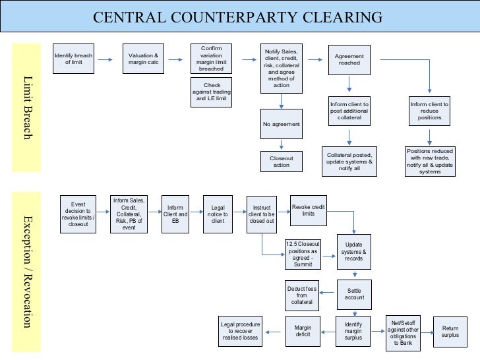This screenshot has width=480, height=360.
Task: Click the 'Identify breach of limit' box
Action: [73, 59]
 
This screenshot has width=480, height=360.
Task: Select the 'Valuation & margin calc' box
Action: [143, 59]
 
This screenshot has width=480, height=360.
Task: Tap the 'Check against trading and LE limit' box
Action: [211, 92]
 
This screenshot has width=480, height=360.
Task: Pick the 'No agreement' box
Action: [281, 124]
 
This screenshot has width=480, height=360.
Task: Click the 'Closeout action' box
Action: [281, 161]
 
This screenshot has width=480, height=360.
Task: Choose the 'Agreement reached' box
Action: [349, 59]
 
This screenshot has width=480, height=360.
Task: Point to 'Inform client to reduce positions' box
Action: [429, 111]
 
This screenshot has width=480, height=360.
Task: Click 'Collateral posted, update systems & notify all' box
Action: [349, 162]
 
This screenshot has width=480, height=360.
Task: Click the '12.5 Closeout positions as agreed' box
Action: [303, 253]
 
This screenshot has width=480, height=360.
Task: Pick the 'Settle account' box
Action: [354, 293]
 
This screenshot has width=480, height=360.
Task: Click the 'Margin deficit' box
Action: [303, 330]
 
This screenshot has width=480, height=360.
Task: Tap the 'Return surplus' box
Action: [450, 331]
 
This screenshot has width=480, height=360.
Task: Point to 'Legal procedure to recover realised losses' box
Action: [241, 331]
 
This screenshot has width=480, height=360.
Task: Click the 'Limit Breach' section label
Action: [27, 107]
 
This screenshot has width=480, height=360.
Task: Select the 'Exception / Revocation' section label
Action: [27, 270]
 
